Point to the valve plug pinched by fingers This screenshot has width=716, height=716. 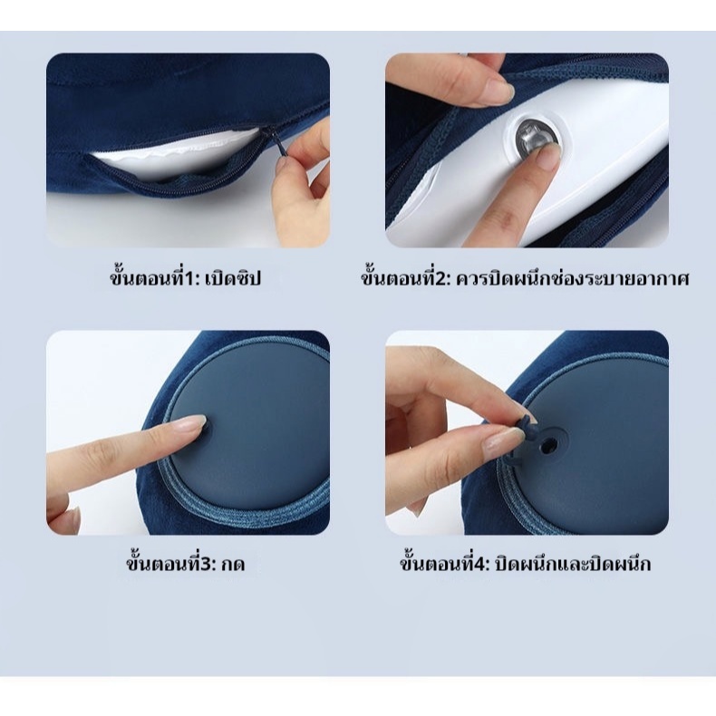521,435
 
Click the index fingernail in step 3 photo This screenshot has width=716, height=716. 197,422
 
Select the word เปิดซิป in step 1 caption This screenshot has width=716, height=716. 233,278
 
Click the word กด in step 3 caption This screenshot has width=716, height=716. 233,565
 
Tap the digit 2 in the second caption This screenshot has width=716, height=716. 442,279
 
